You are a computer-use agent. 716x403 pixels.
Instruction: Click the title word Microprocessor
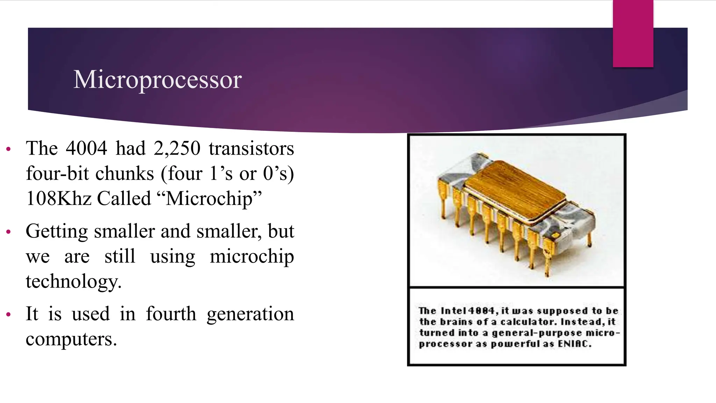(x=157, y=80)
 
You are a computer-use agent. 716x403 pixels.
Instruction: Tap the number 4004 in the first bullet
(x=86, y=148)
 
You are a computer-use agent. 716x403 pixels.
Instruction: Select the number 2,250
(x=177, y=148)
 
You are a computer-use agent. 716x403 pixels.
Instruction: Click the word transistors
(x=251, y=148)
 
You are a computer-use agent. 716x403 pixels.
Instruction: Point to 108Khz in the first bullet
(x=59, y=198)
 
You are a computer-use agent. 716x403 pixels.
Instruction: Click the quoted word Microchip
(x=214, y=198)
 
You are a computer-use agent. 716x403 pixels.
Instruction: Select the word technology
(x=73, y=281)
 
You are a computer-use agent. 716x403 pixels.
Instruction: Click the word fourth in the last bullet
(x=171, y=313)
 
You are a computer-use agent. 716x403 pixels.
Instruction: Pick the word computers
(x=71, y=339)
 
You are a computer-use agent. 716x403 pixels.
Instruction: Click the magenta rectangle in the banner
(x=633, y=33)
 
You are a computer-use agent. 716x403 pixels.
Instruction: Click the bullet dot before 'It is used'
(x=9, y=314)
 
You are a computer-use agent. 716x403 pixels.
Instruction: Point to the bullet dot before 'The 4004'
(x=9, y=149)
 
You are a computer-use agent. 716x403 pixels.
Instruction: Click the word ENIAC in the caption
(x=574, y=344)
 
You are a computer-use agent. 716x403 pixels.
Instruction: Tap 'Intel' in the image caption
(x=453, y=311)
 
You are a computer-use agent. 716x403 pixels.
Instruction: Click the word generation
(x=250, y=314)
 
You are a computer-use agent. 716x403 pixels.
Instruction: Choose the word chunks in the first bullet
(x=124, y=174)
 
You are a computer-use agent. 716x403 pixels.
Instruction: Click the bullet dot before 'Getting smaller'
(x=9, y=232)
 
